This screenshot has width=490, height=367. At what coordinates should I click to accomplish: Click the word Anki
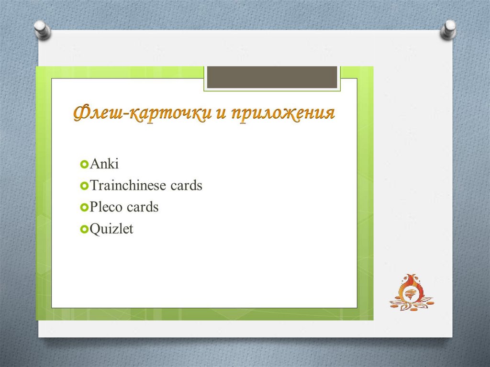pos(104,164)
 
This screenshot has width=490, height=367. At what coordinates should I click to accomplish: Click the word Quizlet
pos(111,229)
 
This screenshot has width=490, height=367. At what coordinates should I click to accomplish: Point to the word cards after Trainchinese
pos(186,185)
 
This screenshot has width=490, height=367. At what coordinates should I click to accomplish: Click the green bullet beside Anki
pos(84,164)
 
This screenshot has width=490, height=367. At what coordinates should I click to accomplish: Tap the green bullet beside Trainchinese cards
pos(84,186)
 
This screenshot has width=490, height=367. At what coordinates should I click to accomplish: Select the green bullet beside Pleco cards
pos(84,207)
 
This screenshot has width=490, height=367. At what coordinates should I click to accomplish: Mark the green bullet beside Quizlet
pos(84,229)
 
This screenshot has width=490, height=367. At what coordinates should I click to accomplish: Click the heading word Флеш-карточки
pos(143,113)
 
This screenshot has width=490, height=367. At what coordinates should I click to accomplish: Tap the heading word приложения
pos(283,114)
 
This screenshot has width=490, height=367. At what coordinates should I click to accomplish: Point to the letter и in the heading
pos(221,114)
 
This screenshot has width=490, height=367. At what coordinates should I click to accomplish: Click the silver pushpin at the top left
pos(43,30)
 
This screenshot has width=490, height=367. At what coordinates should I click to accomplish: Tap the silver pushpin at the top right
pos(448,30)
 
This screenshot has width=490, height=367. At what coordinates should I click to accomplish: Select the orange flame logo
pos(411,292)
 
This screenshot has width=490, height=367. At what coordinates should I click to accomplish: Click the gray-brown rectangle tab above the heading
pos(272,77)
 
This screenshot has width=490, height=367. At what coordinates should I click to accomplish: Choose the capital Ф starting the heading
pos(81,113)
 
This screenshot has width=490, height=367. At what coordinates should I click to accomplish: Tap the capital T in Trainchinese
pos(94,185)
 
